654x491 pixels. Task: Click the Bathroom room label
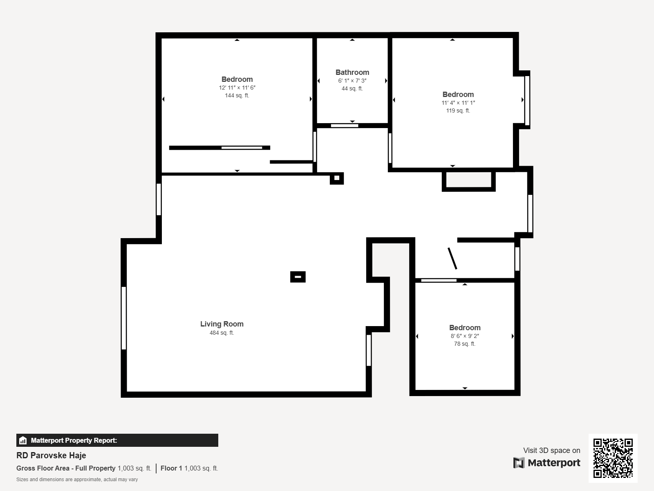352,72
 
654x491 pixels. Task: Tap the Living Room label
222,324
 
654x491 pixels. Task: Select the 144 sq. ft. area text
237,95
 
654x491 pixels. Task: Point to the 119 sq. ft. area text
458,110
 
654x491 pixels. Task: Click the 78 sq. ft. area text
464,344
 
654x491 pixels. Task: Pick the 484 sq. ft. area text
222,333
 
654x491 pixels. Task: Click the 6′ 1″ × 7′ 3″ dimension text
352,81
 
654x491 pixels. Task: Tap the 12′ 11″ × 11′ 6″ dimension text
237,88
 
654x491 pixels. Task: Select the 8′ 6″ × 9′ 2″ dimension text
464,336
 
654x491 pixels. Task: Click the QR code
613,458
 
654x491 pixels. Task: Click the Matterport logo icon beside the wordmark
519,463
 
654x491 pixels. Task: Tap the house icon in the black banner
23,440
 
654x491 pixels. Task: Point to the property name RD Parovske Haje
51,455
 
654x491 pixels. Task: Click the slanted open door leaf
452,259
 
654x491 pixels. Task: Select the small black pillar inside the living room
298,277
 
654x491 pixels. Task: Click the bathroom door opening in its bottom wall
345,126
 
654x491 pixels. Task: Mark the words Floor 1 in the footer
171,468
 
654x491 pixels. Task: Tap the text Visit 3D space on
551,450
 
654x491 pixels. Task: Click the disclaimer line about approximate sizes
77,480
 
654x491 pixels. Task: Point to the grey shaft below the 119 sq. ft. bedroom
469,180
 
